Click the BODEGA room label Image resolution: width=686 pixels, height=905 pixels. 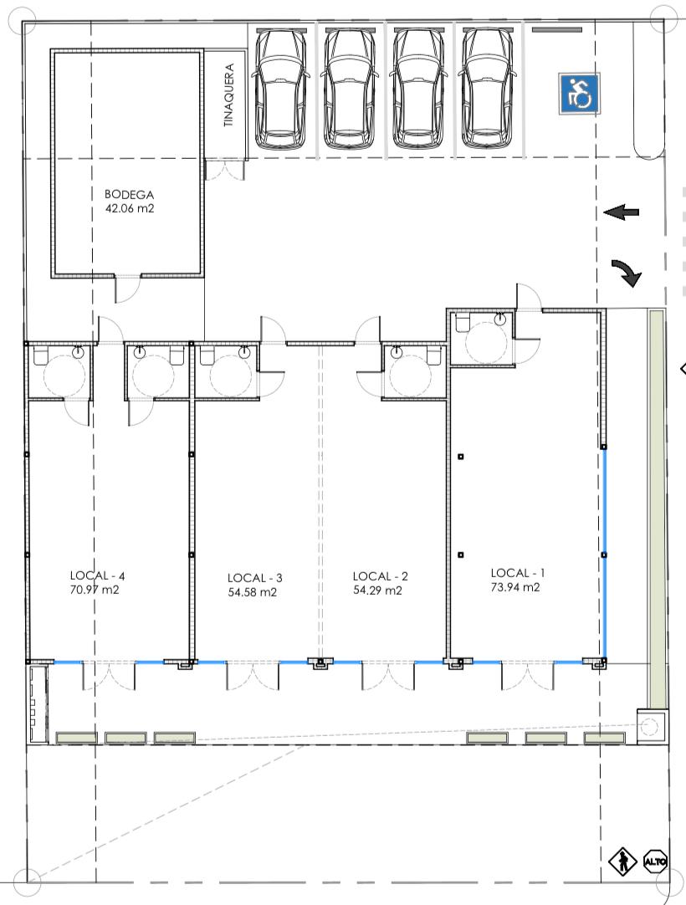(x=130, y=195)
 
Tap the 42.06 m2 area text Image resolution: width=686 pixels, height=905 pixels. (x=130, y=209)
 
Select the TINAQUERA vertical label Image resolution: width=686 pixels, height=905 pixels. (x=229, y=95)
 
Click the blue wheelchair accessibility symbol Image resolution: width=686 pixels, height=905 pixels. (x=579, y=93)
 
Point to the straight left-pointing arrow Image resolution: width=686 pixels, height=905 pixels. (x=622, y=212)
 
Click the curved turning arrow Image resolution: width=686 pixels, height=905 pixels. (x=627, y=273)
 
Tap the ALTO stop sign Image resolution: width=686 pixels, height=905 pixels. (x=655, y=862)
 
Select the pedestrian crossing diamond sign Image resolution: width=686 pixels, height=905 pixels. (x=623, y=862)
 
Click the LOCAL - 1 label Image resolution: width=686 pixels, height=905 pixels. (x=517, y=573)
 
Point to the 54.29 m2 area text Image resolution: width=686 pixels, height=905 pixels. (x=377, y=591)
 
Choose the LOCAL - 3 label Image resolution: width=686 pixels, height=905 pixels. (x=254, y=578)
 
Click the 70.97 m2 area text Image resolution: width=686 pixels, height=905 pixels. (x=95, y=590)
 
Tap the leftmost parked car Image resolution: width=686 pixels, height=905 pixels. (x=280, y=89)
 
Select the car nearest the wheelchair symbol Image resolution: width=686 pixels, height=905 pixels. (x=487, y=89)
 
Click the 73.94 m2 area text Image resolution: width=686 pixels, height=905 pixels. (x=515, y=587)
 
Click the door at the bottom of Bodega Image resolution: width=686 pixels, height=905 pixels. (x=128, y=289)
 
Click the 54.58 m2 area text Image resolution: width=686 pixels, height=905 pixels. (x=253, y=592)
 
